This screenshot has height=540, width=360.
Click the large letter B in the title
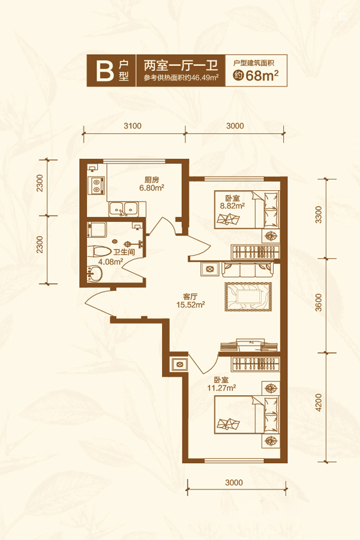click(x=104, y=71)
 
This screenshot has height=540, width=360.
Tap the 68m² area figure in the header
click(x=262, y=75)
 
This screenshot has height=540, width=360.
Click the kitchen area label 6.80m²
click(x=152, y=188)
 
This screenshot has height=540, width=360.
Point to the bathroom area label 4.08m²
click(x=111, y=262)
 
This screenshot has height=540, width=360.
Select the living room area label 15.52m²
click(x=191, y=304)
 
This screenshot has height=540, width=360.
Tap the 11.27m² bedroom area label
click(x=221, y=388)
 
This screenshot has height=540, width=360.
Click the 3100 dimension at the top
click(x=133, y=126)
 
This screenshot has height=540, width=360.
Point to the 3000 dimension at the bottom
click(x=234, y=482)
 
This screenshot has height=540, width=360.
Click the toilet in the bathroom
click(x=99, y=252)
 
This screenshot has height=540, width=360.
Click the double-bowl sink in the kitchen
click(x=124, y=209)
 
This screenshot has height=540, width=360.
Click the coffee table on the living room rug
click(x=249, y=296)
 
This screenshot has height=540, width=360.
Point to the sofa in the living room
click(x=248, y=269)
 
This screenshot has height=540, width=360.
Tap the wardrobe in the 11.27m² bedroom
click(x=255, y=364)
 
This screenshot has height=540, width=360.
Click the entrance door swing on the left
click(x=98, y=303)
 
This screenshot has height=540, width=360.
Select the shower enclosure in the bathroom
click(x=97, y=230)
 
